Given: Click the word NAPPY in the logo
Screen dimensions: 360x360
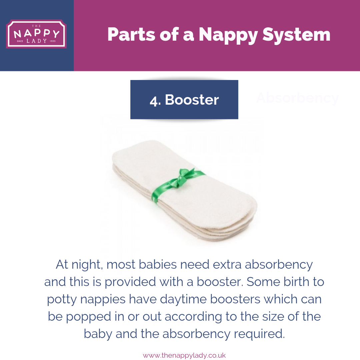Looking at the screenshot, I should tap(36, 34).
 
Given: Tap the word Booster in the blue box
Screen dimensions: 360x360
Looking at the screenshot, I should tap(192, 100).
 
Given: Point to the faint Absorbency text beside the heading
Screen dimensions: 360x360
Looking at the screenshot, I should tap(297, 98).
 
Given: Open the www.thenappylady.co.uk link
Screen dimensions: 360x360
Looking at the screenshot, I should tap(184, 355).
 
